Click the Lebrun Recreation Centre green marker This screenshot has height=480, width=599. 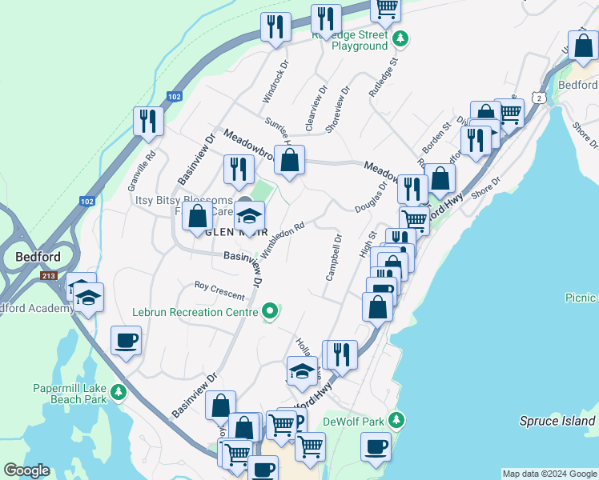click(271, 310)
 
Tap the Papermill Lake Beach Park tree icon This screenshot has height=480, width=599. click(119, 391)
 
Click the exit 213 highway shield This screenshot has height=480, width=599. click(50, 275)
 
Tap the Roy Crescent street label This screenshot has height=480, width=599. click(219, 290)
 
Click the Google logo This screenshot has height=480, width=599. click(26, 470)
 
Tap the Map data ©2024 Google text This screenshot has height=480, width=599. click(549, 474)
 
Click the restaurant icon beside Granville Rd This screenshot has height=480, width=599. click(148, 121)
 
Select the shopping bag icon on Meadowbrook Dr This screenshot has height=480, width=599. click(289, 158)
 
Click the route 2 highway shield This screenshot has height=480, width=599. click(541, 98)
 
